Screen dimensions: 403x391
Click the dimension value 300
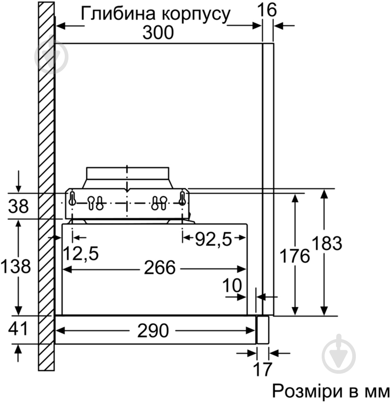[x=158, y=32]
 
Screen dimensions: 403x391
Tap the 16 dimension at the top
[x=269, y=10]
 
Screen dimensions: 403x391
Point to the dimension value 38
[x=18, y=206]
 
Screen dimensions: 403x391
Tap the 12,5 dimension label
[x=81, y=253]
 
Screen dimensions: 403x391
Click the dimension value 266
[x=159, y=268]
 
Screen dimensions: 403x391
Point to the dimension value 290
[x=153, y=331]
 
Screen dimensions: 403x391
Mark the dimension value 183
[x=327, y=243]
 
